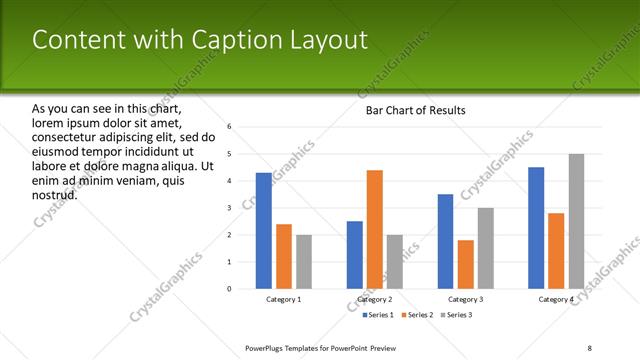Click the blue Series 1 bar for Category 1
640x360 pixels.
(x=263, y=231)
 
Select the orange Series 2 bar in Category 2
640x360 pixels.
(x=375, y=230)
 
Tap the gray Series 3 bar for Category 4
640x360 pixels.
(x=576, y=222)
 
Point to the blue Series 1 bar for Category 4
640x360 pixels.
(x=536, y=228)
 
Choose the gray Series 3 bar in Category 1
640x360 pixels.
(x=304, y=262)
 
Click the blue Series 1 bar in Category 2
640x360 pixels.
(x=355, y=255)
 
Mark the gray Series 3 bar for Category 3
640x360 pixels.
(x=485, y=249)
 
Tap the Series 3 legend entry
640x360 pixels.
(x=455, y=315)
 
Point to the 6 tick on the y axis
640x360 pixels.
(x=229, y=127)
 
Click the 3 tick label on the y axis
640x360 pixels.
(x=229, y=208)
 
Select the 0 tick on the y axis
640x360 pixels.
(x=229, y=289)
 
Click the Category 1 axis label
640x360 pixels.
(x=284, y=300)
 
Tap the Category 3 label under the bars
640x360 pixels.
(x=465, y=300)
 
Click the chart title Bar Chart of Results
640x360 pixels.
(x=410, y=110)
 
